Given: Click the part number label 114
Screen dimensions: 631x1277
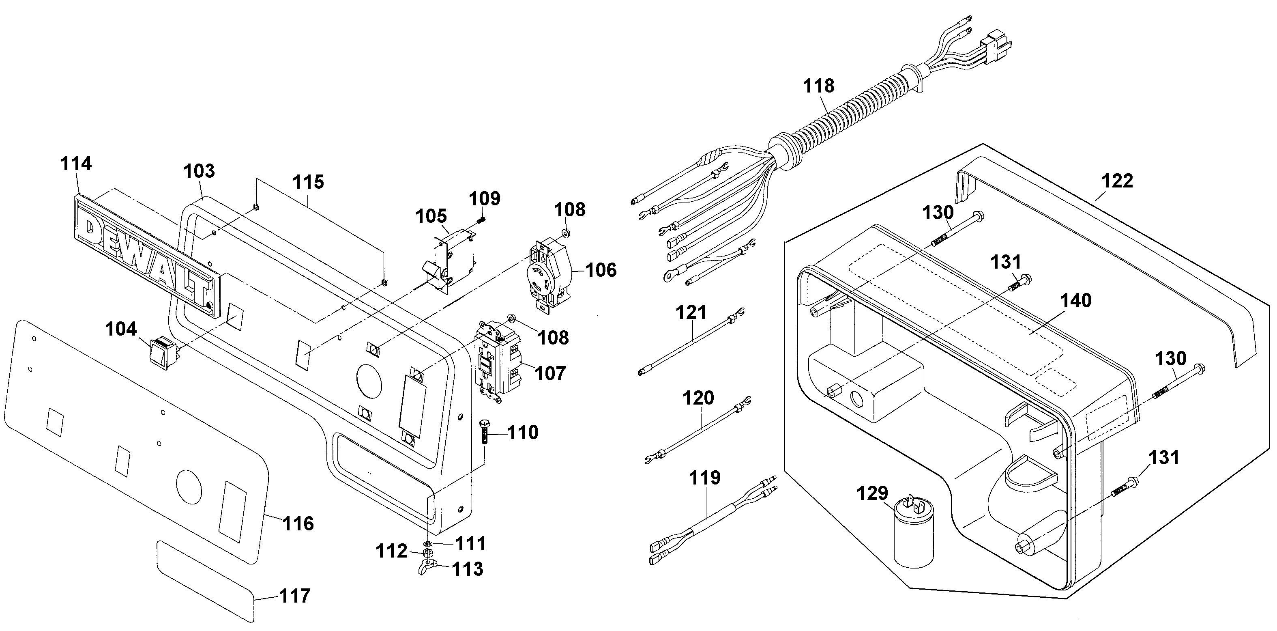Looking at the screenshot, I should tap(76, 164).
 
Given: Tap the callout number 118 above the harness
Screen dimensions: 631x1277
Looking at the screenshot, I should tap(818, 86).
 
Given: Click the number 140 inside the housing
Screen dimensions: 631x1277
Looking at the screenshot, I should tap(1076, 301).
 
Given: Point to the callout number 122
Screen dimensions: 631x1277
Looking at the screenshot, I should tap(1117, 181).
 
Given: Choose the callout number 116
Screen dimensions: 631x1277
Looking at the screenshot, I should tap(298, 524).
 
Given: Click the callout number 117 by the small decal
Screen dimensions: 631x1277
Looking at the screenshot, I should tap(295, 596).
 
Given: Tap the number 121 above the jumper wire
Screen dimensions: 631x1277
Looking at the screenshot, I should tap(691, 312).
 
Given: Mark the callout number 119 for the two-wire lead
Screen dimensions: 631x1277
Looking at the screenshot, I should tap(705, 478).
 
